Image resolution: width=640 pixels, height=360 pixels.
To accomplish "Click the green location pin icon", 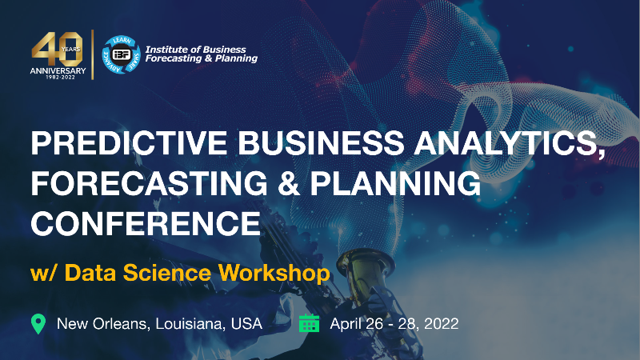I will tap(38, 323).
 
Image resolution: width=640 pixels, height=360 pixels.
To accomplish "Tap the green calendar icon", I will tap(309, 323).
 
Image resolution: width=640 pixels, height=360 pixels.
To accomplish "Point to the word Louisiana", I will tap(183, 323).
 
